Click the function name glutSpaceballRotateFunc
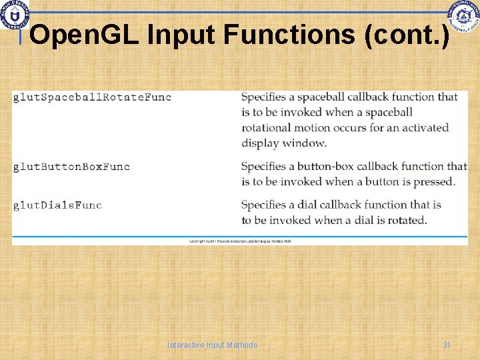click(x=92, y=97)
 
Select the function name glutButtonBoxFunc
click(x=71, y=166)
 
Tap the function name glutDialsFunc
click(x=57, y=205)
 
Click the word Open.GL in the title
click(x=85, y=35)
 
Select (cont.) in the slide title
click(x=407, y=35)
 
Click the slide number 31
click(x=447, y=345)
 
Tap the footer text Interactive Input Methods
click(x=213, y=345)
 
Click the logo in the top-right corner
click(x=463, y=17)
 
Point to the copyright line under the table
click(x=240, y=241)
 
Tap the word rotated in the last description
click(x=404, y=220)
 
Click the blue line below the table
click(x=240, y=236)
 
